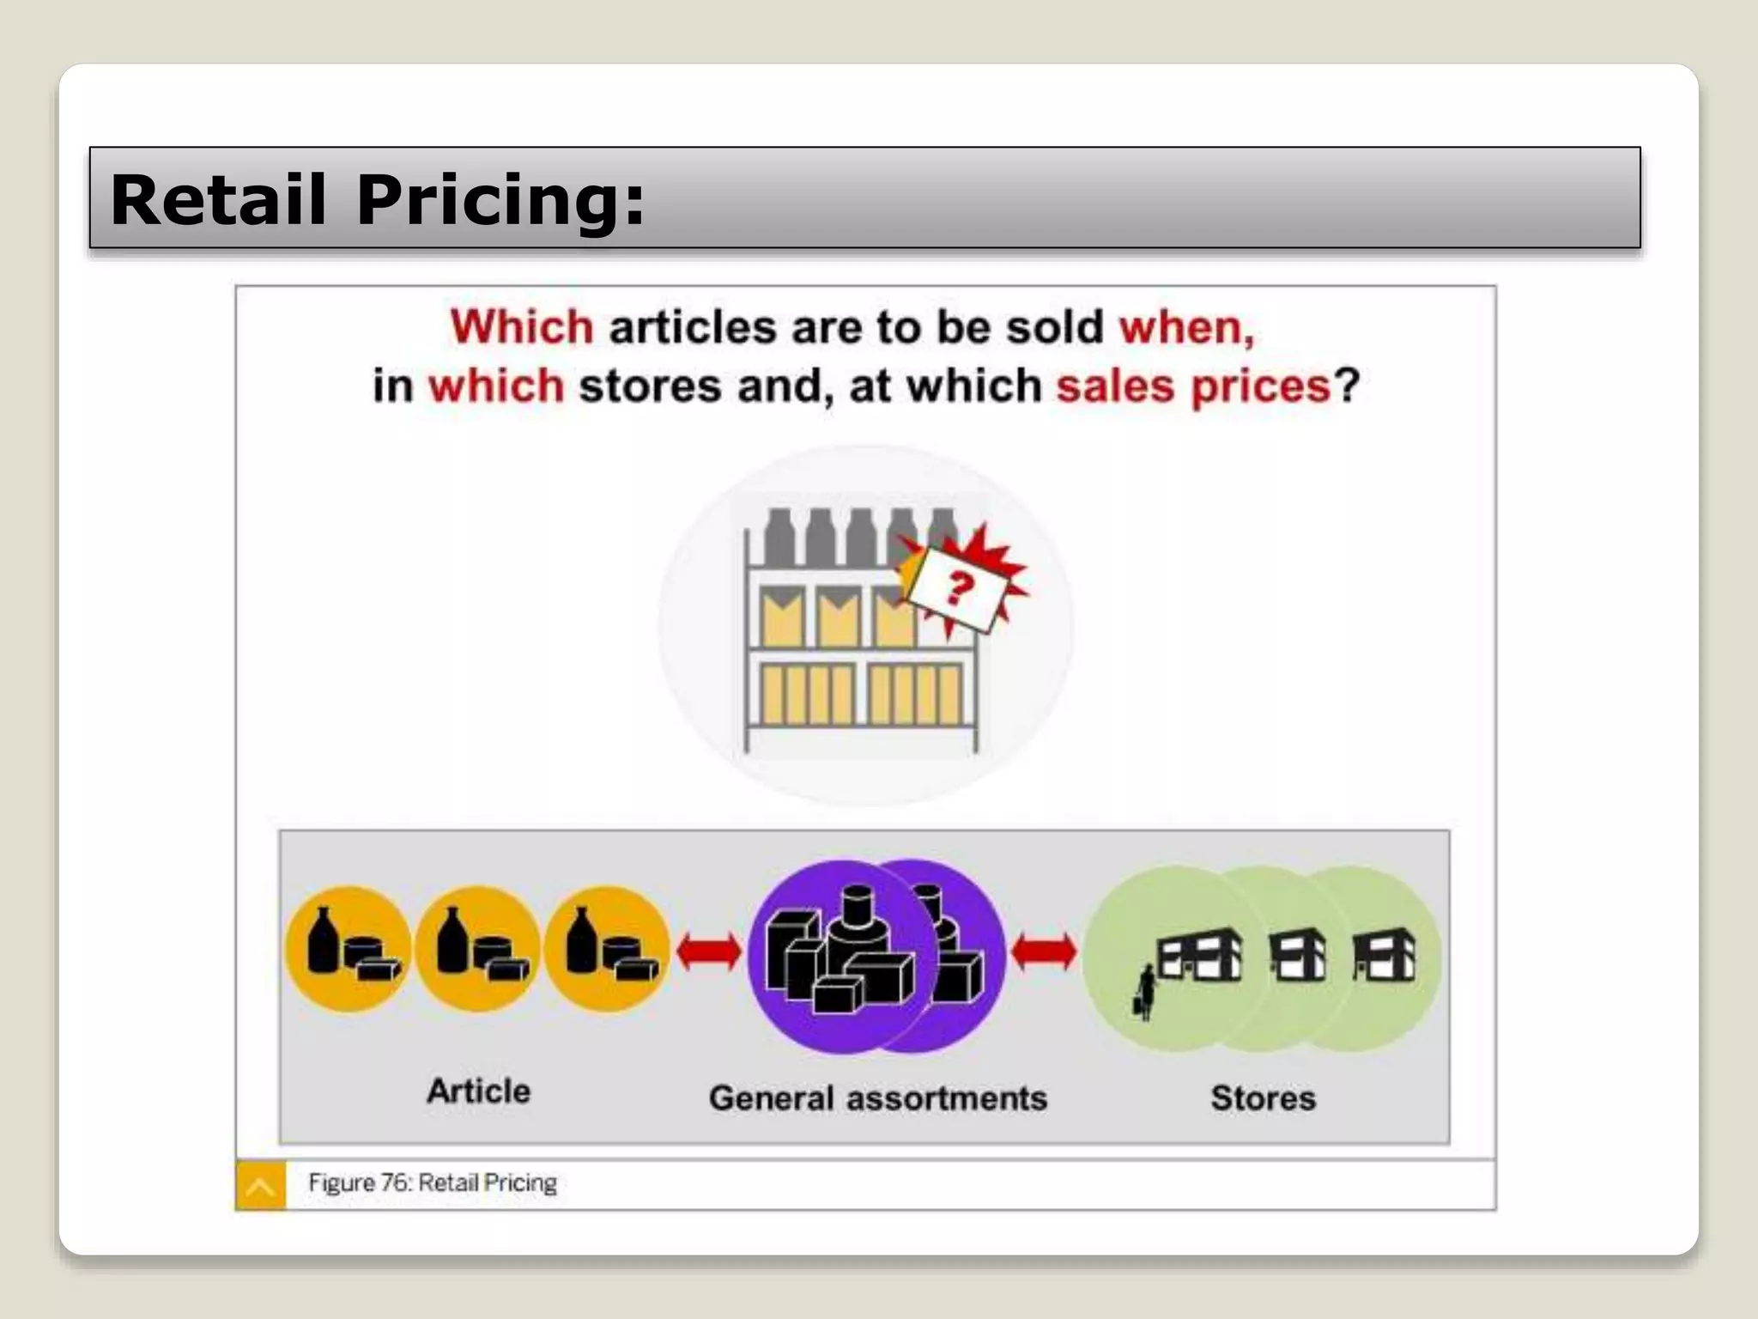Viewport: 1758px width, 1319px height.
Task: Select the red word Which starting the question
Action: click(x=522, y=327)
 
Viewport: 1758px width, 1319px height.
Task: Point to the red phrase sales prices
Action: click(x=1193, y=386)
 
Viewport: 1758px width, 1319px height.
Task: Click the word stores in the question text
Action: click(x=650, y=386)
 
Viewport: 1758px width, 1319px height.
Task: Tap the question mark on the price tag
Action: click(x=960, y=588)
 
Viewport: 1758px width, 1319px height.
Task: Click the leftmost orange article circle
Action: click(x=348, y=949)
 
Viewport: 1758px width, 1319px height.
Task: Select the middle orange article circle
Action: click(x=477, y=949)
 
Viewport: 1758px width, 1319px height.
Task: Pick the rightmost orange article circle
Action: click(x=607, y=949)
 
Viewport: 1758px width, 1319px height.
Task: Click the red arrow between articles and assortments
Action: click(x=709, y=951)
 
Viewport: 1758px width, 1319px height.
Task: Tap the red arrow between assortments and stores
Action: click(x=1044, y=951)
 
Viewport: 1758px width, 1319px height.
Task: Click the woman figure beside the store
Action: click(x=1145, y=992)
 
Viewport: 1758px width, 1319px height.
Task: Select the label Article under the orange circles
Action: click(x=479, y=1091)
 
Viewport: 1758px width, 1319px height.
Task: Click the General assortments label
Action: click(x=878, y=1098)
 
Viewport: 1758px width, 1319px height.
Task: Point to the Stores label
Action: click(x=1263, y=1098)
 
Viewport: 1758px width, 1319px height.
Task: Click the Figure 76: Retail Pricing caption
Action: click(x=433, y=1183)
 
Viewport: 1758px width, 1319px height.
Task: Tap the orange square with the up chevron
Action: click(x=260, y=1187)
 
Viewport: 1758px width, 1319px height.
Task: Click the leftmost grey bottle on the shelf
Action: click(x=779, y=537)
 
